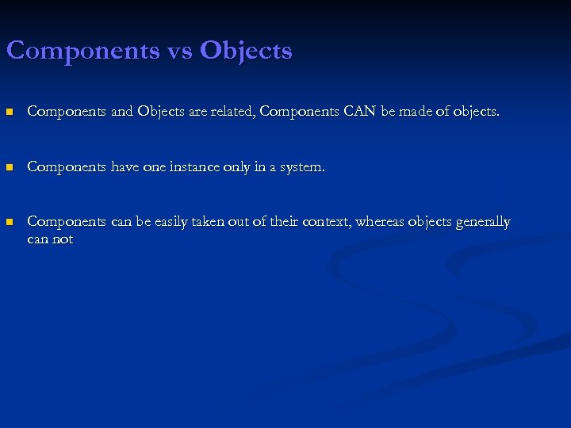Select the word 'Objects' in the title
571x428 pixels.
pos(246,52)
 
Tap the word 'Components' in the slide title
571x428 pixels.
pos(82,52)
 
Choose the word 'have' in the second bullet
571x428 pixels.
pos(128,167)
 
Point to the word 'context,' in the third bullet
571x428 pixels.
pos(326,222)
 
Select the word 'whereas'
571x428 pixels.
pos(379,222)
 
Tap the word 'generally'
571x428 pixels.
pos(482,222)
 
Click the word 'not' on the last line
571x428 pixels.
pos(63,239)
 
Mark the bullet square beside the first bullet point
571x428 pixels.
pos(10,113)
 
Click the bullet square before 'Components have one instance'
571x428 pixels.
pos(10,168)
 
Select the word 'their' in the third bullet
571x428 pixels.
pos(283,222)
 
